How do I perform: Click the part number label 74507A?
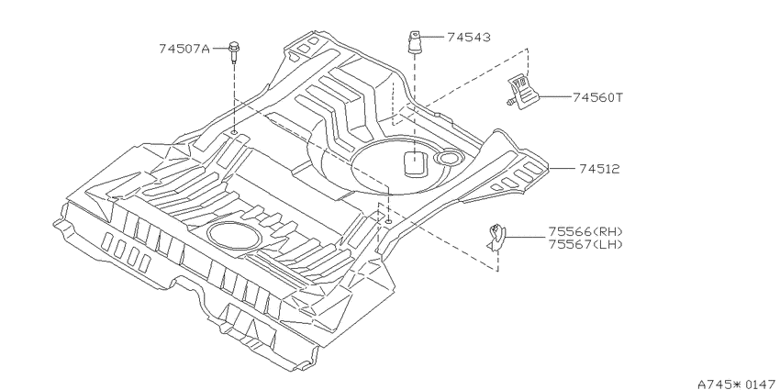pos(184,49)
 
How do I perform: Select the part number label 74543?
pos(469,38)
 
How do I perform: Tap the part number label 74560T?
pos(597,97)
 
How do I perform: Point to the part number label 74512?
pos(599,169)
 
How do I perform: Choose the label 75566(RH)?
pos(585,232)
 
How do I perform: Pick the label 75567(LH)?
pos(585,244)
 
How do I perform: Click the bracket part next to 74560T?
pos(522,91)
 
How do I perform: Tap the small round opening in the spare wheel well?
pos(449,158)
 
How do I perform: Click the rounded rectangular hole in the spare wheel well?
pos(415,163)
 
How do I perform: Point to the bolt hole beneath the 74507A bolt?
pos(234,133)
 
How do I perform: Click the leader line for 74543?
pos(432,37)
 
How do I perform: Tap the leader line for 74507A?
pos(219,49)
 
